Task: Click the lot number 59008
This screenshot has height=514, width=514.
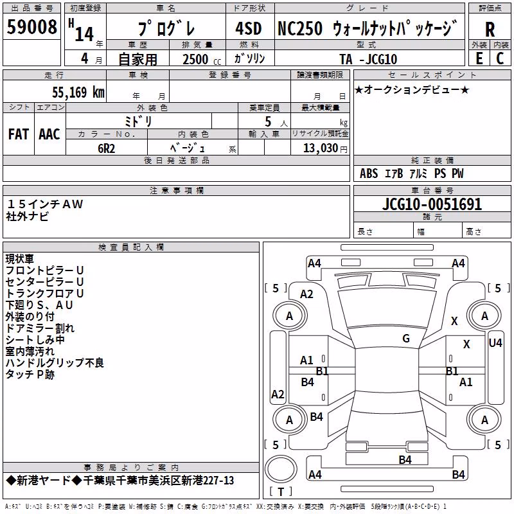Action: (31, 26)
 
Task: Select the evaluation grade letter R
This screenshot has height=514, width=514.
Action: (490, 30)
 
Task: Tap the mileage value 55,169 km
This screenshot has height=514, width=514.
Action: (78, 92)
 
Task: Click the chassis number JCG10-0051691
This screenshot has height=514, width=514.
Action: (432, 204)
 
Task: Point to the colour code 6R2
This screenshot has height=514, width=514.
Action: (107, 148)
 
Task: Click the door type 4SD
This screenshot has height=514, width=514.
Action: (249, 28)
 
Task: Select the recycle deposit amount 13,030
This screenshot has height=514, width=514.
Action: (321, 148)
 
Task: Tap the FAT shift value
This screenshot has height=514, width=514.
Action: (19, 134)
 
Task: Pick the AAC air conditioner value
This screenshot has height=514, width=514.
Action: (49, 134)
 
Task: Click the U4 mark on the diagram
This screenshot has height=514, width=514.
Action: (495, 343)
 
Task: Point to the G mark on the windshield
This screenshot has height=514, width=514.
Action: (406, 339)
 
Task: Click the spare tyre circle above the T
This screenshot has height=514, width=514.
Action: (281, 469)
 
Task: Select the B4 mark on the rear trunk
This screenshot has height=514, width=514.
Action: (405, 460)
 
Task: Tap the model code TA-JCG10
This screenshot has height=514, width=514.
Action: (368, 59)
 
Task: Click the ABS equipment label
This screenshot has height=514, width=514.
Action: (369, 173)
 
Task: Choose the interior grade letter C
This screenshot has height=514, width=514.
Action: (500, 58)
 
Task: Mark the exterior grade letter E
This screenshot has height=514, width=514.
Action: (479, 58)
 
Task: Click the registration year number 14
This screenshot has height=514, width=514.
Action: (84, 34)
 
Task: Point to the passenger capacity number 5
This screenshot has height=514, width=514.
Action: (268, 121)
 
